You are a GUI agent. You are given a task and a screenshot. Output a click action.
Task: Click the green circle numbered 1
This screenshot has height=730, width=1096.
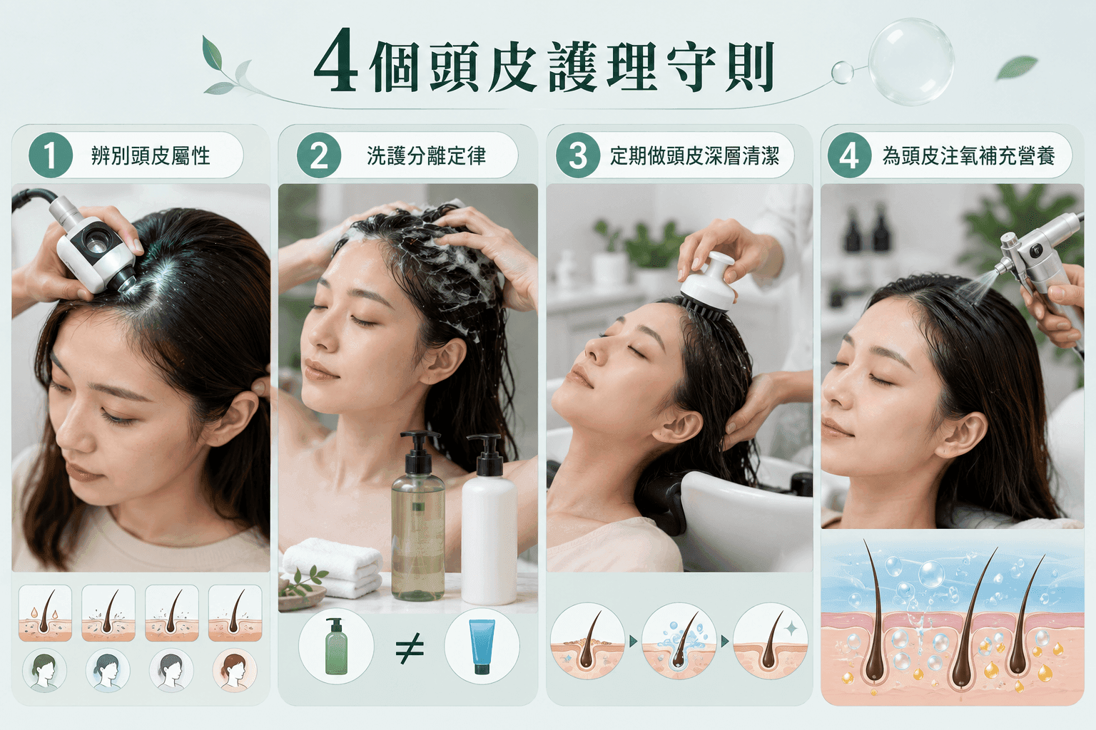pyautogui.click(x=51, y=155)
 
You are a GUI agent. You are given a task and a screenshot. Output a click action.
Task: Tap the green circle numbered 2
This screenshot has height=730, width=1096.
pyautogui.click(x=318, y=155)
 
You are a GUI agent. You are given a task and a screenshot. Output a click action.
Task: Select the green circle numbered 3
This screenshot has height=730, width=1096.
pyautogui.click(x=578, y=155)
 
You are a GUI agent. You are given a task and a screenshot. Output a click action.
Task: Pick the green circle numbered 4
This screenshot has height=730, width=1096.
pyautogui.click(x=849, y=155)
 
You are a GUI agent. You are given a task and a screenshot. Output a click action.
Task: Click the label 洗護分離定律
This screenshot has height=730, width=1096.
pyautogui.click(x=426, y=156)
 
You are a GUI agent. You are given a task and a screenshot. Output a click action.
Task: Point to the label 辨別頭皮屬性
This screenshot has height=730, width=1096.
pyautogui.click(x=151, y=156)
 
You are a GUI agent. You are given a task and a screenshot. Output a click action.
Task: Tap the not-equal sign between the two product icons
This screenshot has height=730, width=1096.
pyautogui.click(x=409, y=648)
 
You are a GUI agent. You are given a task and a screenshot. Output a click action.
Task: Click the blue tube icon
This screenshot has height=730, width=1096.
pyautogui.click(x=482, y=647)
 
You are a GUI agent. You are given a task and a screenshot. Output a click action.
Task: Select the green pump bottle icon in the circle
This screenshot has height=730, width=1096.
pyautogui.click(x=336, y=647)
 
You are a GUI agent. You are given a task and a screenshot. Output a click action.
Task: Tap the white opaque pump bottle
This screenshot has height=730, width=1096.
pyautogui.click(x=489, y=520)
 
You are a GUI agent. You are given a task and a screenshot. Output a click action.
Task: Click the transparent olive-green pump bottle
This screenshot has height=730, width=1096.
pyautogui.click(x=418, y=515)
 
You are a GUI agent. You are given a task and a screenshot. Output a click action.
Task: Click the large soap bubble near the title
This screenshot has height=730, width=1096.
pyautogui.click(x=911, y=62)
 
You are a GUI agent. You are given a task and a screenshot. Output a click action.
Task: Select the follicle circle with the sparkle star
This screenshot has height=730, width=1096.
pyautogui.click(x=770, y=640)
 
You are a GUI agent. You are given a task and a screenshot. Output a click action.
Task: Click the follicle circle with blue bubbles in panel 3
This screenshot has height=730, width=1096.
pyautogui.click(x=679, y=640)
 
